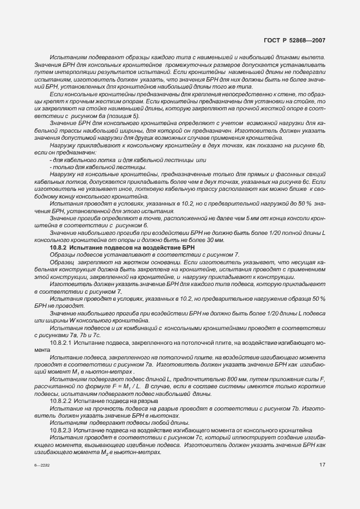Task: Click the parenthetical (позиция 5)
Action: [122, 116]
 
